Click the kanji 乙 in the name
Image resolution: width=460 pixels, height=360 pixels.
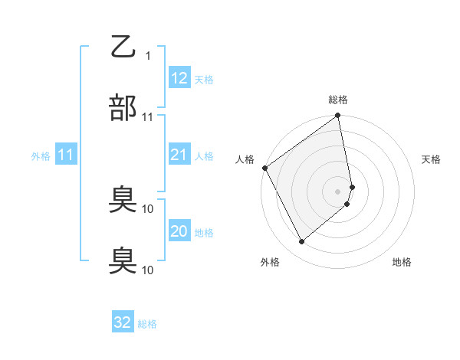pos(123,47)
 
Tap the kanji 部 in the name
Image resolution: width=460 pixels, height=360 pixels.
pos(123,108)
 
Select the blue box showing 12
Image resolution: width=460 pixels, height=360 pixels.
pos(179,78)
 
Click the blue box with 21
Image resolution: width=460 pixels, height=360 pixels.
pos(179,155)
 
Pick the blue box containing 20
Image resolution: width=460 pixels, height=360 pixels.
pos(179,231)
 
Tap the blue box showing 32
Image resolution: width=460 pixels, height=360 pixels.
pos(123,322)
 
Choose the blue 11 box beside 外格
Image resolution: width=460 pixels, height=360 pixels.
pos(65,155)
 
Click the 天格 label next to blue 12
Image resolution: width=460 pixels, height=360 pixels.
pos(204,80)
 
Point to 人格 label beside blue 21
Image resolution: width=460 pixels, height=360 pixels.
pos(204,156)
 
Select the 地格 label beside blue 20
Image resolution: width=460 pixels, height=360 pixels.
pos(204,233)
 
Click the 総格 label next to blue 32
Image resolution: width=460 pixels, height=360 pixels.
pos(147,324)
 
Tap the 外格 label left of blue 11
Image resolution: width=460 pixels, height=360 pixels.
pos(41,156)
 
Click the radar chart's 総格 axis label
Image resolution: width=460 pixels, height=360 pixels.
pos(338,100)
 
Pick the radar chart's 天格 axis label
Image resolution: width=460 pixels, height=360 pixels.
pos(431,159)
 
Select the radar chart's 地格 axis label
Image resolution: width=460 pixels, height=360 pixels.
pos(402,262)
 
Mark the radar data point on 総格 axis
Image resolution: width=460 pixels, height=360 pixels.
pos(338,116)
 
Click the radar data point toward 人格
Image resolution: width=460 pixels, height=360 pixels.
pos(265,168)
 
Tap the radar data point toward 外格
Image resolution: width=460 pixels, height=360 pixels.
pos(301,241)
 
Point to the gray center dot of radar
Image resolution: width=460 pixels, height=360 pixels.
pos(338,191)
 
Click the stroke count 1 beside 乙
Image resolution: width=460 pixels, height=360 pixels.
pos(148,56)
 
